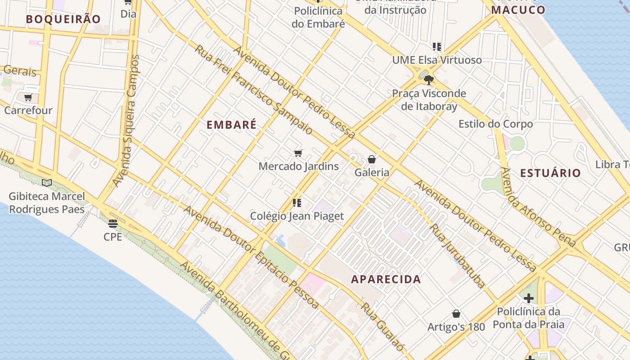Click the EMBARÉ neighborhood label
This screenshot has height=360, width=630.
coord(231,125)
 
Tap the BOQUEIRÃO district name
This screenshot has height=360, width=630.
coord(63,19)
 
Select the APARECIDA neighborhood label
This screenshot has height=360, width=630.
coord(386,279)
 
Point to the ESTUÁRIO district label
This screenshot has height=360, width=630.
coord(550,173)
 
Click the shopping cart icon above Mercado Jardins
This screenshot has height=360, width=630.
coord(298,153)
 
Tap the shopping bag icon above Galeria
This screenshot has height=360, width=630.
coord(372,159)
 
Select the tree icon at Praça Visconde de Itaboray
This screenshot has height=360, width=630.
coord(429,80)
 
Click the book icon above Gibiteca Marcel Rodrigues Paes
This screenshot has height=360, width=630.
coord(47,183)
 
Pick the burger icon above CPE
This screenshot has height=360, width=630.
coord(112,223)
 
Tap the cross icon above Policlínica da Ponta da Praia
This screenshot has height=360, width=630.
coord(528,298)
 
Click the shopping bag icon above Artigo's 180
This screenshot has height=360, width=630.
coord(456,314)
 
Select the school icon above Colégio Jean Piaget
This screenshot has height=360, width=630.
coord(297,203)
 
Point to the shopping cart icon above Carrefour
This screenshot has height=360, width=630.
coord(28,97)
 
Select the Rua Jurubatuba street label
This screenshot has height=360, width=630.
coord(458,256)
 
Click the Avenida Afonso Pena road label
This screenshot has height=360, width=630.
coord(537,207)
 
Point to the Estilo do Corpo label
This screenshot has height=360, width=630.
coord(495,124)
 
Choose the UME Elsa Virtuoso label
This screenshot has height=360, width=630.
coord(436,60)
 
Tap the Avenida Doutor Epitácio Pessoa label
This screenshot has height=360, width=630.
coord(251,257)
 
